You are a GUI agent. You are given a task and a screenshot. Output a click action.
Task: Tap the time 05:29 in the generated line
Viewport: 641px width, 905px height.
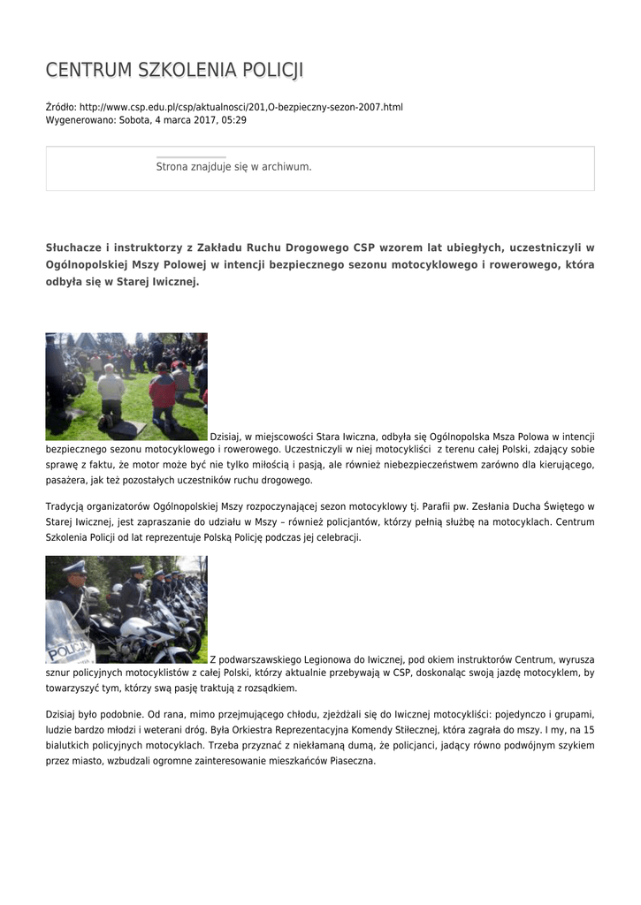pos(234,119)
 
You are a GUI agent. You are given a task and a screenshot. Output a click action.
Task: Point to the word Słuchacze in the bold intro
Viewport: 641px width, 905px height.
pos(75,247)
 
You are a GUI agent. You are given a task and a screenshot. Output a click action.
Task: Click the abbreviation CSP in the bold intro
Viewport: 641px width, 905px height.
pos(365,247)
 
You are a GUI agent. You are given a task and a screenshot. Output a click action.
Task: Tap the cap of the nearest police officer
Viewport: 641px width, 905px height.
pos(74,567)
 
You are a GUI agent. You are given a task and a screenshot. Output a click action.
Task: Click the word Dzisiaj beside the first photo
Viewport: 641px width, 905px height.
pos(225,437)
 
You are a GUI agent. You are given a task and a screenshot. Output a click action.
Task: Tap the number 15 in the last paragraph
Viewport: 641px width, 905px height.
pos(589,730)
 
